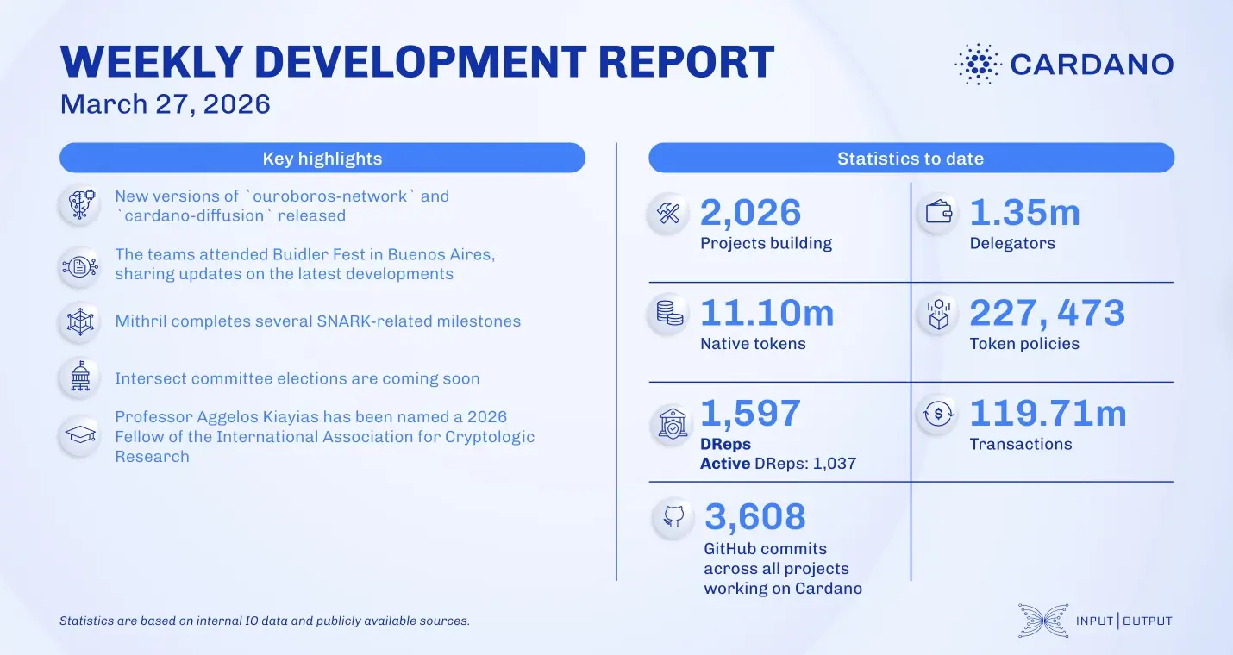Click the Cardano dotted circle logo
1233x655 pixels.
tap(978, 64)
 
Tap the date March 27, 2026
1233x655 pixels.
tap(165, 105)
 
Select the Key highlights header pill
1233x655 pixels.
tap(322, 159)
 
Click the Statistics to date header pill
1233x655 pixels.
tap(911, 159)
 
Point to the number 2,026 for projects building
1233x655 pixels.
tap(750, 213)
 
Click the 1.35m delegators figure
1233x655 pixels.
tap(1024, 213)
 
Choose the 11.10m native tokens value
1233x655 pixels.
tap(767, 313)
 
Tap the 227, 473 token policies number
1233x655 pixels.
tap(1047, 313)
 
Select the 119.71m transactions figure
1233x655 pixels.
tap(1048, 414)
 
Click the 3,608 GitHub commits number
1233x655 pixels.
tap(755, 517)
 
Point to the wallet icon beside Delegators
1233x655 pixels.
tap(937, 214)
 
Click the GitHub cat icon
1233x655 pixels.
tap(673, 517)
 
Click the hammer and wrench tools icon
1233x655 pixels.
tap(669, 214)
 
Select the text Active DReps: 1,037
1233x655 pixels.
tap(778, 464)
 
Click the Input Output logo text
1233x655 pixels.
tap(1123, 621)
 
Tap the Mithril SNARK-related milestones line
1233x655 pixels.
tap(317, 321)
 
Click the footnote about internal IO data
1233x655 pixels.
tap(264, 621)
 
